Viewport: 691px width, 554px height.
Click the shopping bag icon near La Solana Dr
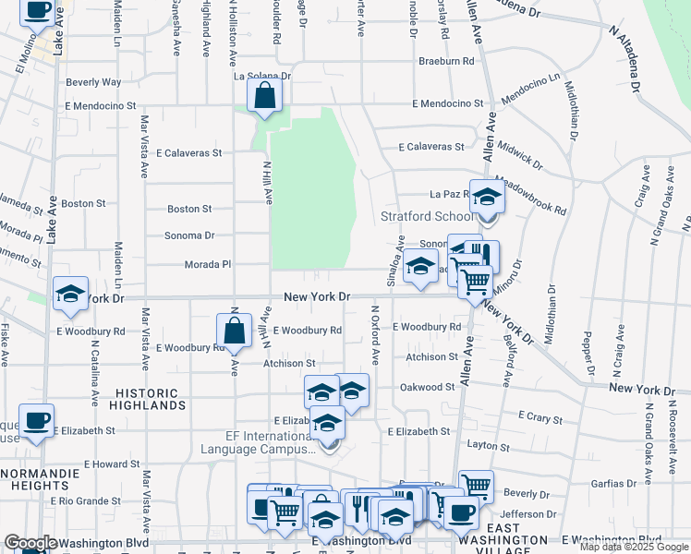tap(264, 96)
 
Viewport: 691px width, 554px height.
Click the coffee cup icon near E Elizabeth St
tap(36, 421)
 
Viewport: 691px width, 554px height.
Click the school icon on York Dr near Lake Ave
tap(70, 294)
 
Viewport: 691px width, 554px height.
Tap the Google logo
tap(30, 543)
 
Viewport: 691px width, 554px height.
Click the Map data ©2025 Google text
tap(635, 547)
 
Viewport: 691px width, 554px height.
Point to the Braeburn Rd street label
tap(446, 61)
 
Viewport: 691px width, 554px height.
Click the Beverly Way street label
tap(93, 82)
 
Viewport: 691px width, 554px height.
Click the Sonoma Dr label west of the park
tap(189, 235)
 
